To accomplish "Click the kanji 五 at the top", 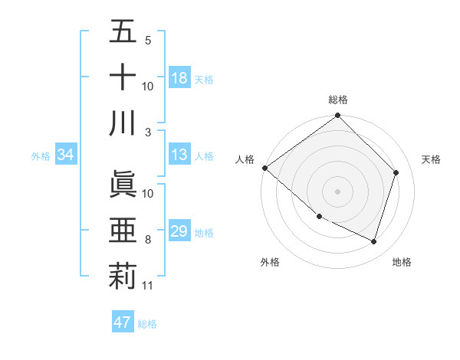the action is (123, 32).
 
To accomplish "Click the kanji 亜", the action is (123, 231).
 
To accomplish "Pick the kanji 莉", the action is (123, 276).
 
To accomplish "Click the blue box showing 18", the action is (179, 77).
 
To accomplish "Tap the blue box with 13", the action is (179, 155).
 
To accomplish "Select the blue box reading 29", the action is (179, 231).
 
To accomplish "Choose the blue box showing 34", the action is (66, 155).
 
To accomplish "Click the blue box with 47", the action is (123, 322).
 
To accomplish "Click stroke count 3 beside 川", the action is (148, 132).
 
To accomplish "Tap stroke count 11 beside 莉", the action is (148, 286).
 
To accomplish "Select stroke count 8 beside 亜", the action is (148, 240).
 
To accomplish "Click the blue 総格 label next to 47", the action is (147, 323).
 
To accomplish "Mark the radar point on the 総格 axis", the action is (337, 116).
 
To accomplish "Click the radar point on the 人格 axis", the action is (265, 168).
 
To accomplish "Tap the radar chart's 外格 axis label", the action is (270, 262).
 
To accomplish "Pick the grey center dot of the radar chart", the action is (337, 191).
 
